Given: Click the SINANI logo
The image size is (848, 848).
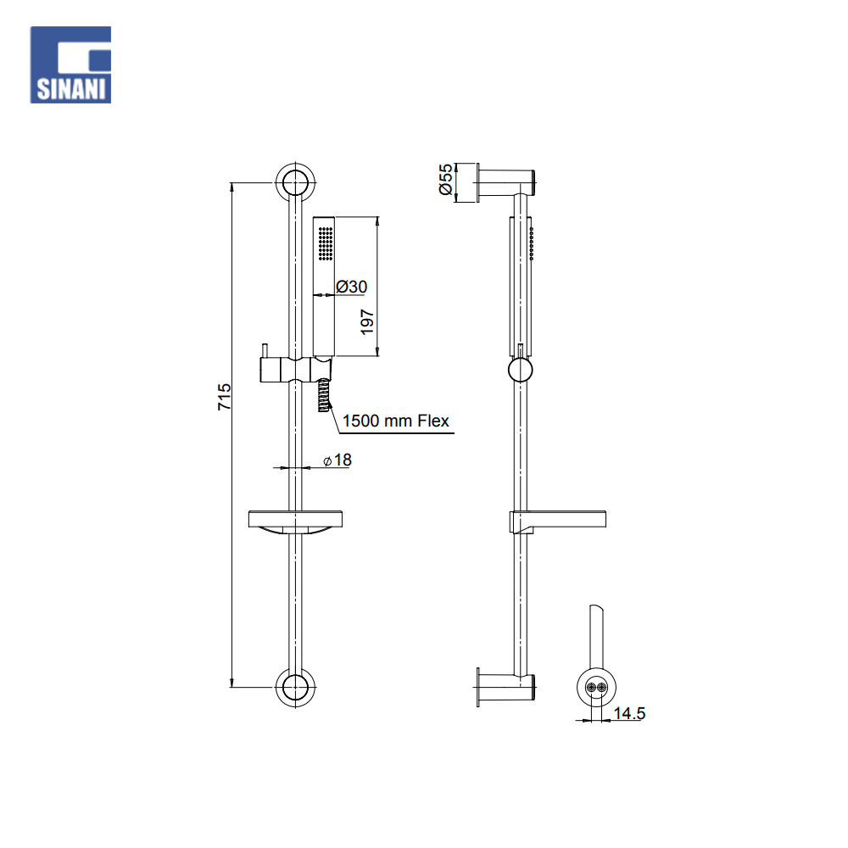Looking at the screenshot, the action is click(70, 65).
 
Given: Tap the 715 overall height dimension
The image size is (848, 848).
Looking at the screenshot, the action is click(225, 396).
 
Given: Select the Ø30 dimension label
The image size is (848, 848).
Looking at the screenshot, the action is click(352, 286).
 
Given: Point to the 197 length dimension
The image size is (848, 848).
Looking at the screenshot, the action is click(367, 321).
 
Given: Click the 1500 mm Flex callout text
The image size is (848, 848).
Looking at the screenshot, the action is click(396, 421).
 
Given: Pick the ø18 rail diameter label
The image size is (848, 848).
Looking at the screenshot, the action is click(338, 460).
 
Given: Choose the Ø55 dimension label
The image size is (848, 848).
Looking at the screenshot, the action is click(446, 180).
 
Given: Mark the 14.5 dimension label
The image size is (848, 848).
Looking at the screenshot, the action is click(629, 713).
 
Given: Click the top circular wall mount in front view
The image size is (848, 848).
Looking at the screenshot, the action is click(295, 182).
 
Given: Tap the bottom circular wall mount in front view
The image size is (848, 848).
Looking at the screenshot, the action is click(295, 688).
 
